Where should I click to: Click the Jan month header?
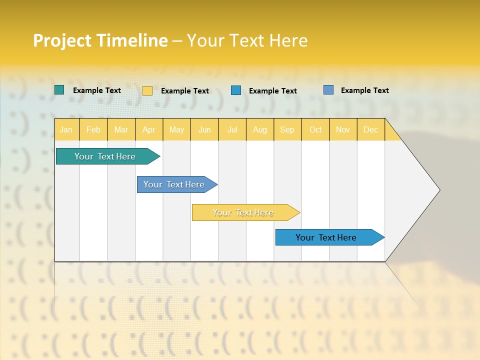66,130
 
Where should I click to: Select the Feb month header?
93,130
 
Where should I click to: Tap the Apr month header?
148,130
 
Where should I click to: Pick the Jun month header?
204,130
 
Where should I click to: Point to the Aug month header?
260,130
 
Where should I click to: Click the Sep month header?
287,130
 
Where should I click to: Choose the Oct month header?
315,130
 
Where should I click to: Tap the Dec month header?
370,130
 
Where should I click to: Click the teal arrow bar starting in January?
105,156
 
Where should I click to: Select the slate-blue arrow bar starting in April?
174,184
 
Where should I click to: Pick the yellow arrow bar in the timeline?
243,212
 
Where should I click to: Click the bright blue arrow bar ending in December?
326,237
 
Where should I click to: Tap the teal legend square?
59,90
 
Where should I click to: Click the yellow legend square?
147,90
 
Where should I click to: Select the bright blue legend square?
236,90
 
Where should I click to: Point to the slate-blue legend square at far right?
328,90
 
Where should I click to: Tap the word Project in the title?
62,40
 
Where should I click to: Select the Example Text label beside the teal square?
97,90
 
